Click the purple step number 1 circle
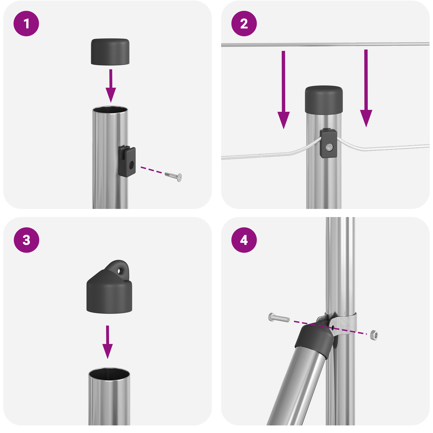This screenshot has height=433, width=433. (x=26, y=24)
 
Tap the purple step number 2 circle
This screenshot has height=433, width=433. (x=244, y=24)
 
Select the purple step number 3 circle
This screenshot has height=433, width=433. (x=26, y=240)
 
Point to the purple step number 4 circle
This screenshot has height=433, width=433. (x=244, y=240)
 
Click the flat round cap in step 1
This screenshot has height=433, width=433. (x=110, y=52)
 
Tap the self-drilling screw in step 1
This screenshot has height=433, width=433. (x=173, y=176)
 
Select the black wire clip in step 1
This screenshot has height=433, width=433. (x=127, y=161)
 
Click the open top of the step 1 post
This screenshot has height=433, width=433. (x=110, y=110)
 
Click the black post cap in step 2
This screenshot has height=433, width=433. (x=324, y=100)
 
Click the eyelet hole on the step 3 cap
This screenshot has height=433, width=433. (x=119, y=271)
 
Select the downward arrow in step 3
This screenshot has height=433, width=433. (x=107, y=342)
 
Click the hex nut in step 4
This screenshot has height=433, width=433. (x=374, y=335)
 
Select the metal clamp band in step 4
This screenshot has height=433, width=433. (x=344, y=323)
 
